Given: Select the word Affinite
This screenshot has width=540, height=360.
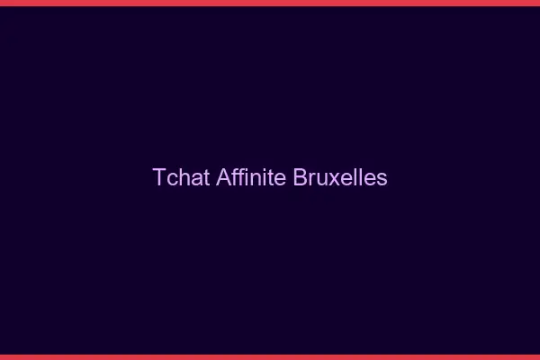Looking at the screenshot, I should [x=251, y=177].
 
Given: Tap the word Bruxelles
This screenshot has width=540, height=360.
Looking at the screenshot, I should [x=340, y=177].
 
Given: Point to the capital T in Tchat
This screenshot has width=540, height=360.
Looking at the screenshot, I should [x=159, y=177].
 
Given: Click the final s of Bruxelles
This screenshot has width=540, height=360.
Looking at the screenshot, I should [x=382, y=178].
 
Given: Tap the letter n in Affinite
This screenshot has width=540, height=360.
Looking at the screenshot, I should [x=256, y=178].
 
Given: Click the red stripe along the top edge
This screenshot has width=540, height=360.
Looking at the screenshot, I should [x=270, y=3].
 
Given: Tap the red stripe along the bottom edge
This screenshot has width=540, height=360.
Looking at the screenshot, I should [x=270, y=356].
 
